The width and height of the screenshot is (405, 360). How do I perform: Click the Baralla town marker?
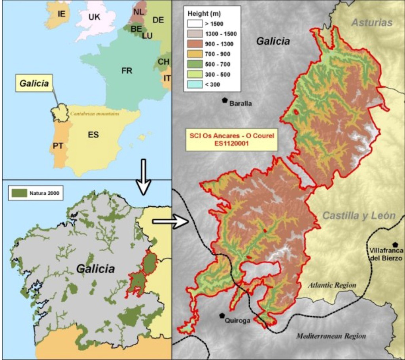225,100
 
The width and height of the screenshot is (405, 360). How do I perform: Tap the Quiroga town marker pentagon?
222,315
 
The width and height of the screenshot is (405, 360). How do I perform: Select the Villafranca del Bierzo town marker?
395,245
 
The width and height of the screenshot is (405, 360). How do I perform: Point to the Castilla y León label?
359,216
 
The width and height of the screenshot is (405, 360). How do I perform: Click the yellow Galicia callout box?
35,83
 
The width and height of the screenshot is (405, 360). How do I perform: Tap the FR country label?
127,71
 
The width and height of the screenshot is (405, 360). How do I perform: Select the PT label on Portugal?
58,146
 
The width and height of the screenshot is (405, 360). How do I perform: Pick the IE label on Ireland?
61,14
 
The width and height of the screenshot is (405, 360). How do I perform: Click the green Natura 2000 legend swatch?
19,193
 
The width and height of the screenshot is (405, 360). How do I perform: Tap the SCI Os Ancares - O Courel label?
233,139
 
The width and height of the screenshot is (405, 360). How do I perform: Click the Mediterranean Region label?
331,336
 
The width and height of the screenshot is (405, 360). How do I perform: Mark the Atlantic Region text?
333,285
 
